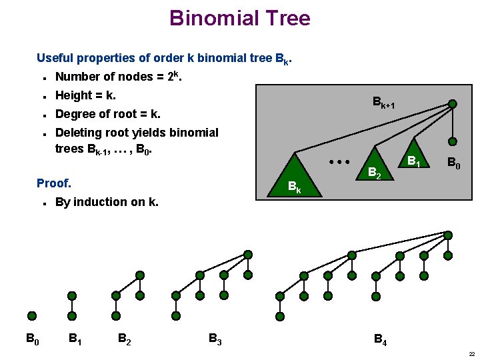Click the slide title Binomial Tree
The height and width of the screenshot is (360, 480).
click(239, 18)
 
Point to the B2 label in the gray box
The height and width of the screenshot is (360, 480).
click(375, 175)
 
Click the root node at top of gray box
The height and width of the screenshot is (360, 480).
click(453, 103)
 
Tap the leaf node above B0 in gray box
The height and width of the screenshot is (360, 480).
click(453, 141)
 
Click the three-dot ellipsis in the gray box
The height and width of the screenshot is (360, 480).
click(339, 162)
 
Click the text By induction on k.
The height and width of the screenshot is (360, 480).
click(107, 201)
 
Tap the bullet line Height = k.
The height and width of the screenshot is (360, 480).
click(85, 95)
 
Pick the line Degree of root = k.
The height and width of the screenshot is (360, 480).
click(107, 113)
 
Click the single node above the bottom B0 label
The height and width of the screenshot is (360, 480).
click(31, 316)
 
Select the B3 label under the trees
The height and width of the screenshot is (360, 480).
click(215, 339)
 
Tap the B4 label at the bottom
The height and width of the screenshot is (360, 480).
click(380, 340)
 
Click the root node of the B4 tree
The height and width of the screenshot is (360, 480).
click(448, 235)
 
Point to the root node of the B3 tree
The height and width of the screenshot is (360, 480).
click(248, 255)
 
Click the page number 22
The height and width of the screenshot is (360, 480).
click(471, 354)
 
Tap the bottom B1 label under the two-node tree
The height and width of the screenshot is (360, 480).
click(75, 339)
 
